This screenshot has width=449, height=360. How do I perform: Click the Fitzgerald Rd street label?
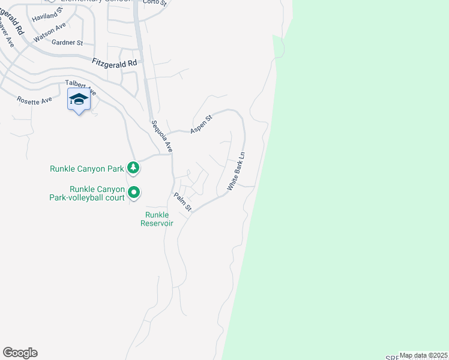coord(115,62)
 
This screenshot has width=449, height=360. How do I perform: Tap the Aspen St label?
coord(201,124)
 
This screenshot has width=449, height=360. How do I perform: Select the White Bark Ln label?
coord(237,172)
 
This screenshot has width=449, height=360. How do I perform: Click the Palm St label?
coord(182,202)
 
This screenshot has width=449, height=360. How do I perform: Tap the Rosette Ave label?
coord(34,100)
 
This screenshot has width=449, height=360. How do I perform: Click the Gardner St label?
coord(67,43)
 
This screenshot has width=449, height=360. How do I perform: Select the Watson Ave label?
coord(50,33)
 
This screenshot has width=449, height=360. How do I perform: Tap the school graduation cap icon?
coord(79,99)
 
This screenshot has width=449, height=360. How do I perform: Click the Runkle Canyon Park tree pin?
coord(133,168)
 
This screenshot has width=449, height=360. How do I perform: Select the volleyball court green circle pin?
coord(133,193)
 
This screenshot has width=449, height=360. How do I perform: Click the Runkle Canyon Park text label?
coord(86,169)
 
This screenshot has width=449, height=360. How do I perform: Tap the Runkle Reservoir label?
coord(157,219)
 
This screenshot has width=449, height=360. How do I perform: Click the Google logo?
coord(20,353)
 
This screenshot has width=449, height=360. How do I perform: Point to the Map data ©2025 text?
coord(423,355)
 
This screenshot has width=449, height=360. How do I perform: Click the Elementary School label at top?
coord(95,2)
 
